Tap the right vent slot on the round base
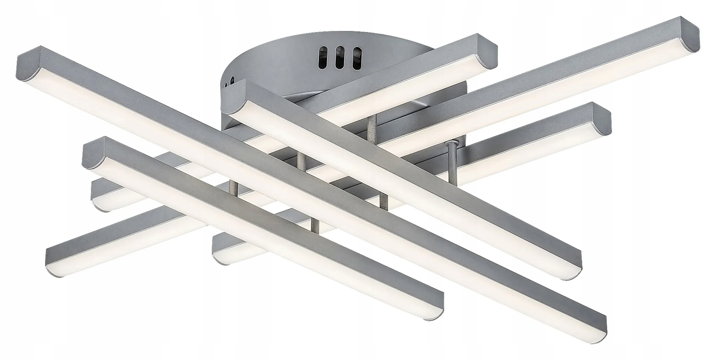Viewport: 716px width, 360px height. (x=357, y=56)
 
